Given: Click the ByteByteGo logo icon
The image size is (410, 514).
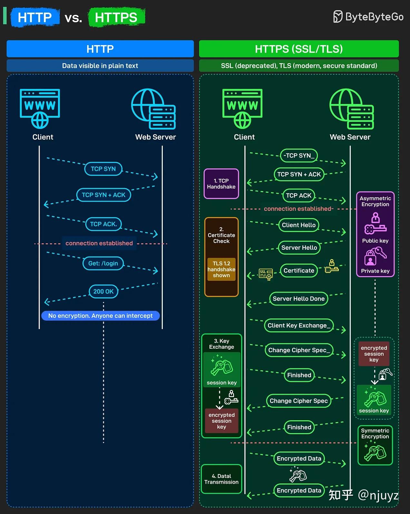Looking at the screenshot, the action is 338,16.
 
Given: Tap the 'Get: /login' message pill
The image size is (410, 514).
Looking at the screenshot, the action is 103,263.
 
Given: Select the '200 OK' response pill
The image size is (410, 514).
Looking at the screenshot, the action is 103,291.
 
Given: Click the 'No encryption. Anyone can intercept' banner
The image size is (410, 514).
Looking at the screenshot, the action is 100,315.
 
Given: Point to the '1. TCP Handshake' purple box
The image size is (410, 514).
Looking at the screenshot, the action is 221,184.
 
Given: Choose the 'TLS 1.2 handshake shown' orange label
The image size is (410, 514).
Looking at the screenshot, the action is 221,269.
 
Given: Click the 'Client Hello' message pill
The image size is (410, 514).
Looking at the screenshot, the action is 299,225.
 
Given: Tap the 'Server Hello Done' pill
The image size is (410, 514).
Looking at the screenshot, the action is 299,298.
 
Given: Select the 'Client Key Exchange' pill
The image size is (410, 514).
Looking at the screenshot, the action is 299,325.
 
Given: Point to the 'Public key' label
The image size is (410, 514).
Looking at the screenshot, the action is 375,240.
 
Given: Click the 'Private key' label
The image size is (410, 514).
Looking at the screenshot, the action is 375,271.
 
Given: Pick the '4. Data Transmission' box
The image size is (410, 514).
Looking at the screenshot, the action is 221,479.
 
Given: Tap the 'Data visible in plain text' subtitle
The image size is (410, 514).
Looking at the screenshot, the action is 100,66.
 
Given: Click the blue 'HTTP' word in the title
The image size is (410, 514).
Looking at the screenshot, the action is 35,17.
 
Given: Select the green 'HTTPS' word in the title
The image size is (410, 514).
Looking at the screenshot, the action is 116,17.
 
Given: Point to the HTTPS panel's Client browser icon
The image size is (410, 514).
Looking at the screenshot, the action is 242,109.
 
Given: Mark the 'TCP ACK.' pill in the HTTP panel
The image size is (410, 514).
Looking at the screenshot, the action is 103,224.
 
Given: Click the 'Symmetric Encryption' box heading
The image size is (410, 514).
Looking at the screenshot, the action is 375,433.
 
